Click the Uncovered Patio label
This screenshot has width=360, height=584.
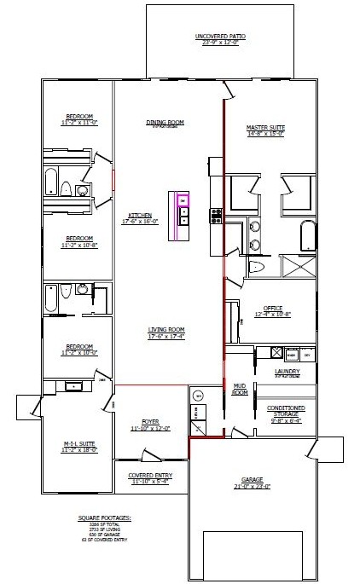(x=220, y=37)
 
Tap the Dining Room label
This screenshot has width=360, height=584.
(x=165, y=122)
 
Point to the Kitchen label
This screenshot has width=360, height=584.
(x=140, y=215)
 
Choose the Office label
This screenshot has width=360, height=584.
(x=273, y=308)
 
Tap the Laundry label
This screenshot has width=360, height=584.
(x=287, y=372)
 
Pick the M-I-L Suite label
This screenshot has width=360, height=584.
(x=75, y=444)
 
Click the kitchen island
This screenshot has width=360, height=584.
(x=183, y=212)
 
